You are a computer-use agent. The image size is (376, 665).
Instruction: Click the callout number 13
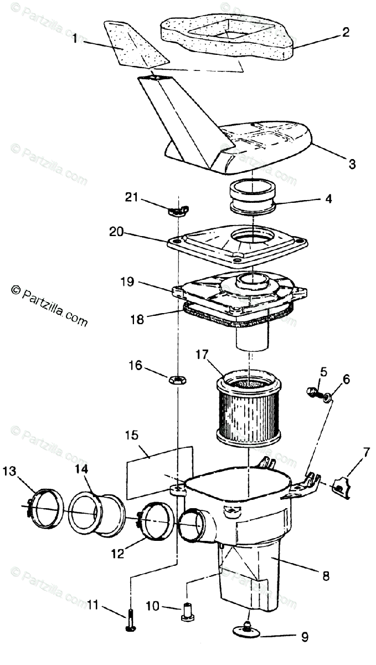point(9,472)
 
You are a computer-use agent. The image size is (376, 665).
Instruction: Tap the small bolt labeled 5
point(312,392)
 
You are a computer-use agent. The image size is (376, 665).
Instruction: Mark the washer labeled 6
point(328,397)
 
